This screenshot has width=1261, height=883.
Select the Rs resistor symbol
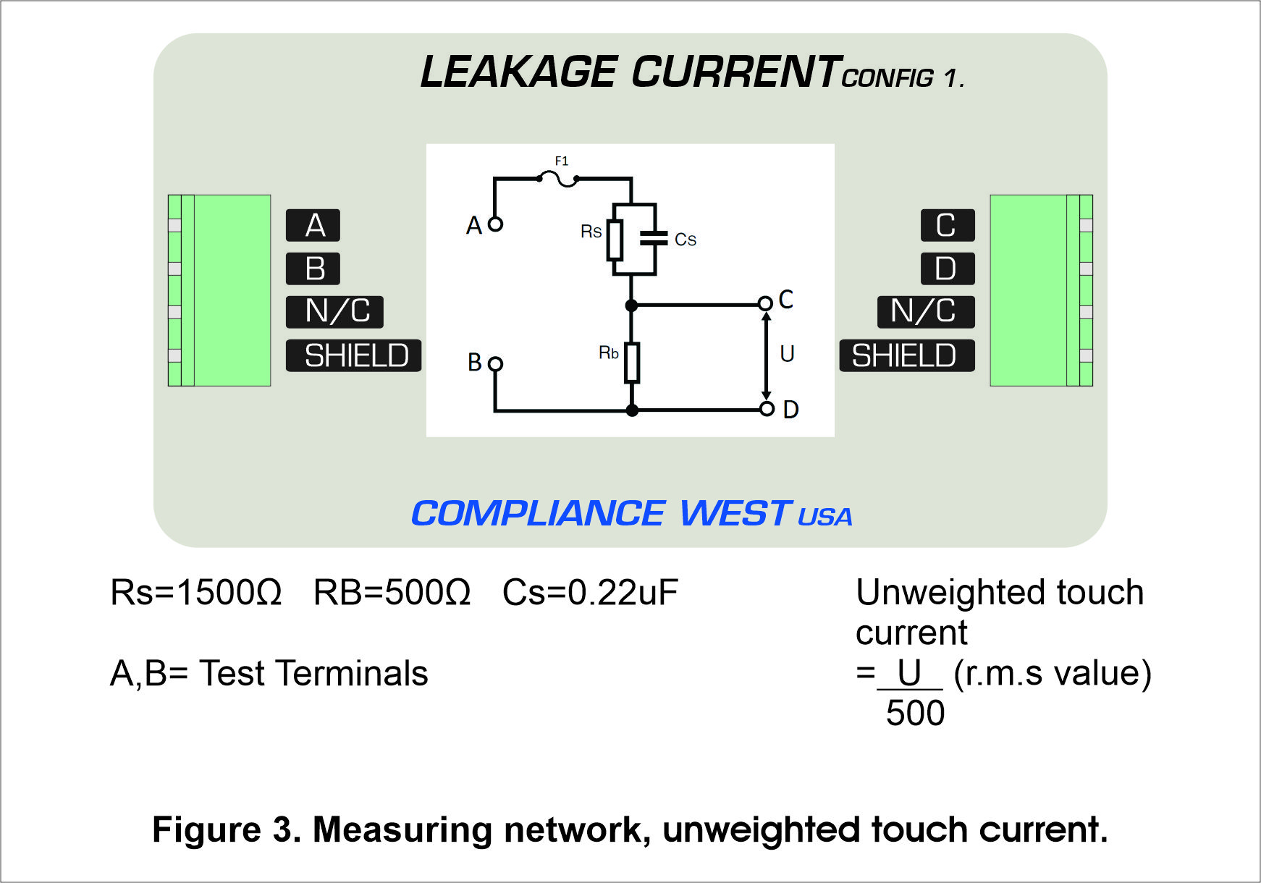tap(615, 240)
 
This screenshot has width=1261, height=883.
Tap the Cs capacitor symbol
tap(654, 238)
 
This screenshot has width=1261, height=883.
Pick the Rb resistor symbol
tap(632, 363)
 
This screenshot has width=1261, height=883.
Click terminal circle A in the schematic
tap(495, 224)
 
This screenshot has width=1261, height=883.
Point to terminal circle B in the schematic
tap(495, 363)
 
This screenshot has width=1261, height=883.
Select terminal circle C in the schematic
tap(765, 303)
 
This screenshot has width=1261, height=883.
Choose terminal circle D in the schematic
tap(767, 409)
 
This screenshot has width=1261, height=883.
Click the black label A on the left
tap(313, 225)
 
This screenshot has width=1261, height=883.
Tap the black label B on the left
tap(313, 269)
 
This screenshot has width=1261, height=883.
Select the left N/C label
tap(334, 312)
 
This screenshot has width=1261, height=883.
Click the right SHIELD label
tap(907, 355)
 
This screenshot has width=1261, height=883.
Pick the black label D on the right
tap(948, 269)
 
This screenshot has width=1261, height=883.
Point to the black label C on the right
tap(948, 225)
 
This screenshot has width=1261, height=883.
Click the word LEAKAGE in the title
tap(518, 72)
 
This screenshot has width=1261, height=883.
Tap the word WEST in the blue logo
tap(735, 513)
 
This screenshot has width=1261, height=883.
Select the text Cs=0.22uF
tap(591, 592)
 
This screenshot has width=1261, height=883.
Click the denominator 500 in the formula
tap(915, 713)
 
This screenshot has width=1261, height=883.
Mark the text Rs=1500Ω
tap(195, 592)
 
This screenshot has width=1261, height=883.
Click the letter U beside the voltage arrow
tap(787, 353)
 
